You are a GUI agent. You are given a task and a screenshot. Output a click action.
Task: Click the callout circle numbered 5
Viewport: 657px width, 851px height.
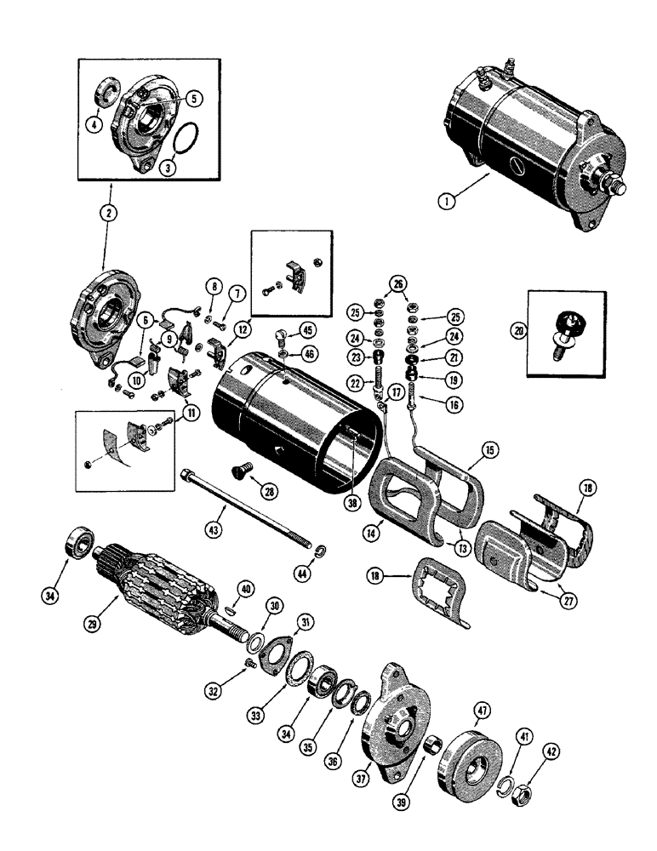pyautogui.click(x=195, y=100)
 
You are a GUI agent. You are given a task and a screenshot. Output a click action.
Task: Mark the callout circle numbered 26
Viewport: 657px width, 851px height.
pyautogui.click(x=396, y=283)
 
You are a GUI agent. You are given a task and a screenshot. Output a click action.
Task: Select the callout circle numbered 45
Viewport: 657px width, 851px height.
pyautogui.click(x=307, y=331)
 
